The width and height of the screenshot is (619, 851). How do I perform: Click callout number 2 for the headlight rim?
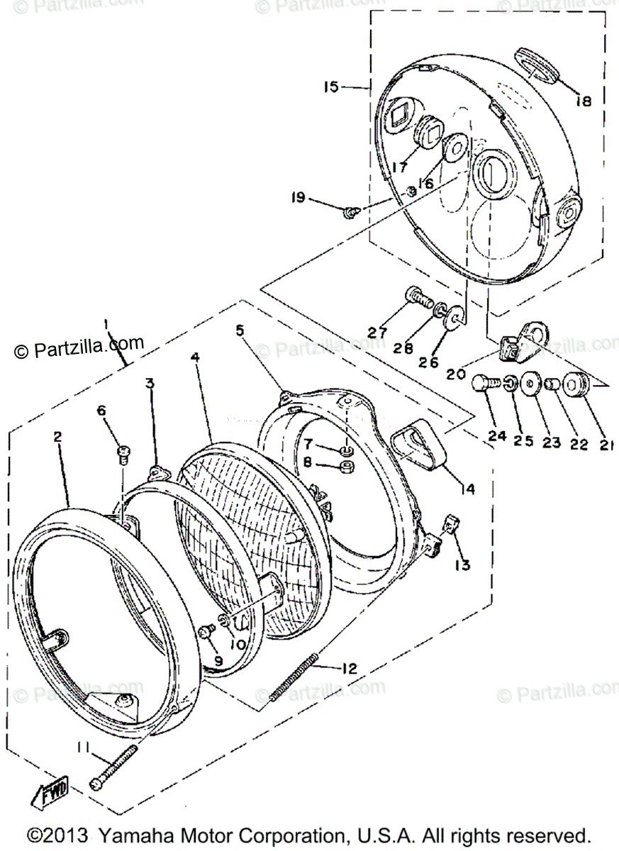[57, 438]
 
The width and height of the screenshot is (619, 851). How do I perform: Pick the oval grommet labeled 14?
[423, 446]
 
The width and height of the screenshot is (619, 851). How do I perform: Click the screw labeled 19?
[350, 211]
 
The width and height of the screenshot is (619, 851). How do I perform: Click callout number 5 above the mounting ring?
[240, 330]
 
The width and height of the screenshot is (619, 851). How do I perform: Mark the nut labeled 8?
[347, 466]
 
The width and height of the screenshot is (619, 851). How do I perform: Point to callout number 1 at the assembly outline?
[106, 326]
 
